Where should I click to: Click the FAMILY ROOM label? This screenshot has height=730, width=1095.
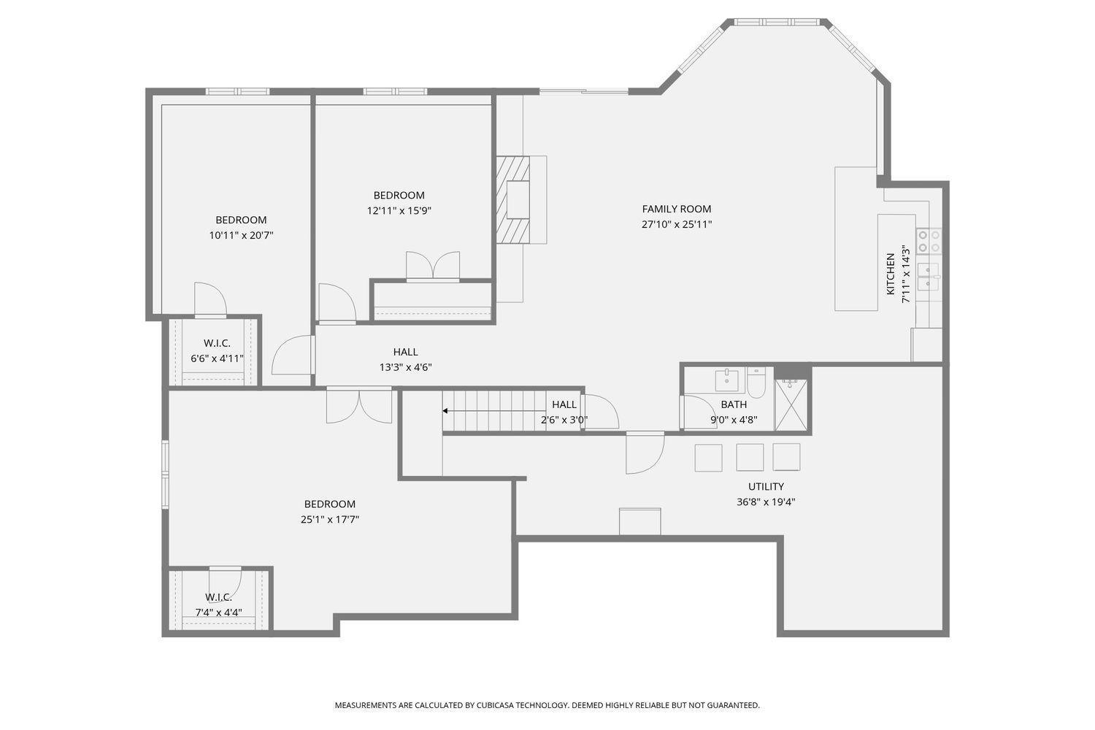pos(677,210)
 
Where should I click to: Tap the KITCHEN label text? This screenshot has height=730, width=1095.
pos(891,274)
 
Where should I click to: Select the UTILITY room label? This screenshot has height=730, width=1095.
pos(766,486)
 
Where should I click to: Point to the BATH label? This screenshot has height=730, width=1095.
pos(734,404)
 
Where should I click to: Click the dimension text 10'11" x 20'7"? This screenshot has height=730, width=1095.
pos(241,235)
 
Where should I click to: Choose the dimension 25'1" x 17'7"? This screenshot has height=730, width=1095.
pos(330,519)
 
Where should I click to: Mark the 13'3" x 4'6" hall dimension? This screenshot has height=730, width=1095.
pos(406,367)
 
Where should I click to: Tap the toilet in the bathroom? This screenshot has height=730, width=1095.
pos(756,383)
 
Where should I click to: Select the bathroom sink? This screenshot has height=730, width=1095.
pos(727,380)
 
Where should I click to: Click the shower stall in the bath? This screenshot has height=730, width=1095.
pos(791,404)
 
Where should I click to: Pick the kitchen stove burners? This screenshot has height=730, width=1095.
pos(929,241)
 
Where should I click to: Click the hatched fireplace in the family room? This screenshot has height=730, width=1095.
pos(512,199)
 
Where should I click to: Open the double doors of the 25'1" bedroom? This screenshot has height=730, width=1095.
pos(359,405)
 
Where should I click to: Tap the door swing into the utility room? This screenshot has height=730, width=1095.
pos(645,453)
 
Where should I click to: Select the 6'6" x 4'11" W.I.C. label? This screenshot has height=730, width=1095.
pos(217,351)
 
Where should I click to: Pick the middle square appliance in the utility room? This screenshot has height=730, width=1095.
pos(750,458)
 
